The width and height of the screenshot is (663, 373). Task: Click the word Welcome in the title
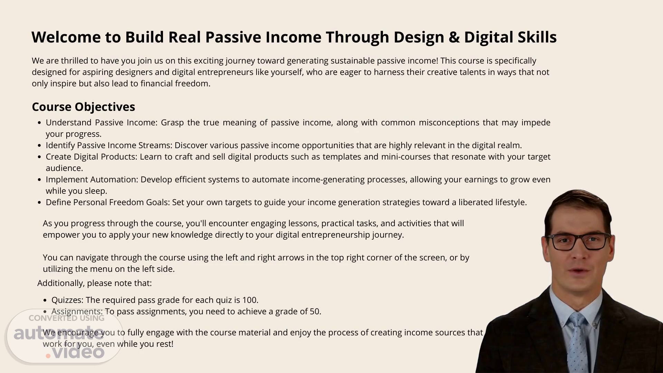(x=66, y=37)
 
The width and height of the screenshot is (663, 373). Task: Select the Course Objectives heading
(x=83, y=107)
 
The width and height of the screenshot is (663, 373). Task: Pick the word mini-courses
(x=406, y=156)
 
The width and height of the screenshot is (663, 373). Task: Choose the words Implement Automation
(x=92, y=180)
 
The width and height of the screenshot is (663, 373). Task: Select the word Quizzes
(x=67, y=300)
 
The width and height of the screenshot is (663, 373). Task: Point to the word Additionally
(x=61, y=283)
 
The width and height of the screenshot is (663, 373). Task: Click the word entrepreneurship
(x=335, y=235)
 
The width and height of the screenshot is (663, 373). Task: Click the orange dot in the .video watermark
(x=48, y=356)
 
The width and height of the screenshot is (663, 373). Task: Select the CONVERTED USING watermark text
(x=66, y=318)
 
